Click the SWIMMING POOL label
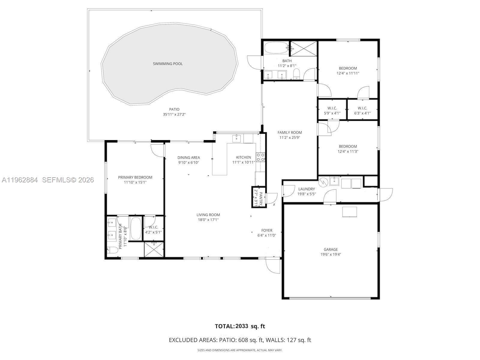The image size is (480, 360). pos(168,64)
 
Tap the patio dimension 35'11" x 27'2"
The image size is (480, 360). pos(174,114)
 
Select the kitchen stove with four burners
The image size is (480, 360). pos(260,157)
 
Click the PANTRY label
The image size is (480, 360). pos(261,198)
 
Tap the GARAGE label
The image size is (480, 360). pos(331,249)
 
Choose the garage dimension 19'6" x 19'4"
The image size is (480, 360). pos(331,254)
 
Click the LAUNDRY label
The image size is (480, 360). pos(306,189)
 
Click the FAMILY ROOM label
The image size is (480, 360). pos(289,132)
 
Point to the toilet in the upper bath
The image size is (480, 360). pos(297,74)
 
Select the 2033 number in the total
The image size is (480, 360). pos(242,326)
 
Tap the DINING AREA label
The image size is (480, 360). pos(188,157)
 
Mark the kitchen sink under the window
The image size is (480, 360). pos(237,138)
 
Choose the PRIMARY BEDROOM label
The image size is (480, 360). pos(135,177)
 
